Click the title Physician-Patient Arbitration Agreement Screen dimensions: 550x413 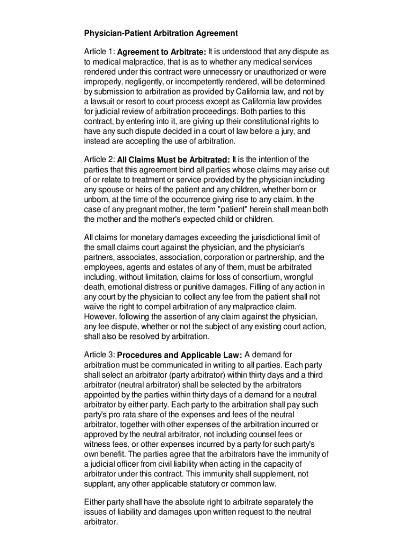pyautogui.click(x=161, y=33)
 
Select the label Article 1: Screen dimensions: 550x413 pyautogui.click(x=99, y=52)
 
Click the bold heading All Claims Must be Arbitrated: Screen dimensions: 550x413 pyautogui.click(x=173, y=160)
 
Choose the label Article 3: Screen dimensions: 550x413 pyautogui.click(x=99, y=354)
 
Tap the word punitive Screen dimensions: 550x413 pyautogui.click(x=192, y=286)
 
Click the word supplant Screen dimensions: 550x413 pyautogui.click(x=100, y=483)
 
